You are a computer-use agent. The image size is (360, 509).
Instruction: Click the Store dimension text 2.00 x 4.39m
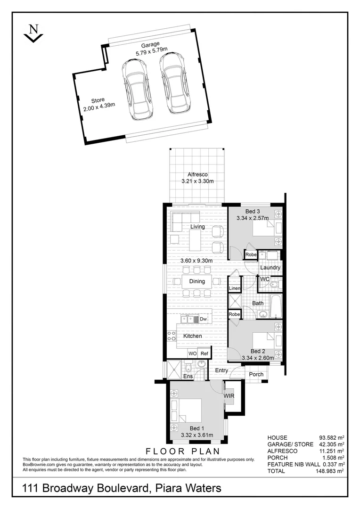tap(99, 108)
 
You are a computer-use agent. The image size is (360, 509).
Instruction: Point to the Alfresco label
tap(197, 174)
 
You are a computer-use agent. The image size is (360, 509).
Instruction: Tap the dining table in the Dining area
tap(197, 282)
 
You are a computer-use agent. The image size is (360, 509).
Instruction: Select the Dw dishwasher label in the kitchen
tap(204, 320)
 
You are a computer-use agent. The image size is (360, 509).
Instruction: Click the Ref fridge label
tap(205, 353)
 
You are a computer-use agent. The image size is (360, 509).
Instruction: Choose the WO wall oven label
tap(192, 353)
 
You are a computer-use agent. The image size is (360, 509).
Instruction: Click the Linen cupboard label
tap(235, 288)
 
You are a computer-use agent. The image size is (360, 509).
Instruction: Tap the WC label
tap(264, 279)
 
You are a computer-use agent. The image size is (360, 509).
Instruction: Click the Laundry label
tap(270, 268)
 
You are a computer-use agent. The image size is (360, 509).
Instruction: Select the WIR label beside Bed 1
tap(229, 396)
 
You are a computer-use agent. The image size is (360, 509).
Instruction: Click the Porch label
tap(256, 375)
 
